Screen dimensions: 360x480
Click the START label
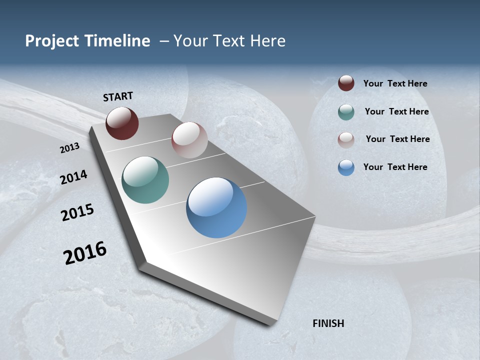click(x=118, y=96)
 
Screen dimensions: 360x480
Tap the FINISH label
click(x=328, y=323)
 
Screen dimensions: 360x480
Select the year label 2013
click(x=69, y=148)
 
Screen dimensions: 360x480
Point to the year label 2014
click(x=73, y=177)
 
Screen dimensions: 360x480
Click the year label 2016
click(x=85, y=253)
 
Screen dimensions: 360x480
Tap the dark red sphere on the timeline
click(x=122, y=123)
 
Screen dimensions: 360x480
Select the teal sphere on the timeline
click(x=145, y=180)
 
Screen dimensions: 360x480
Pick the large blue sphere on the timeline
click(x=216, y=207)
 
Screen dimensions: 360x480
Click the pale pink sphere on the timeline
click(x=189, y=140)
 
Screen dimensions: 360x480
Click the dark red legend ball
click(x=346, y=83)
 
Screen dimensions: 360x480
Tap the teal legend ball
click(x=346, y=112)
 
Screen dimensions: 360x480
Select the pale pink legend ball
click(x=346, y=139)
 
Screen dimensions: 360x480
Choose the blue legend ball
click(x=346, y=167)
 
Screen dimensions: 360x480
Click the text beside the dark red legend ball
click(x=395, y=83)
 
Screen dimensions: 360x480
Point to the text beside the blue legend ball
click(x=395, y=167)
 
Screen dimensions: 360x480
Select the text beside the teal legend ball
click(x=396, y=111)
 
